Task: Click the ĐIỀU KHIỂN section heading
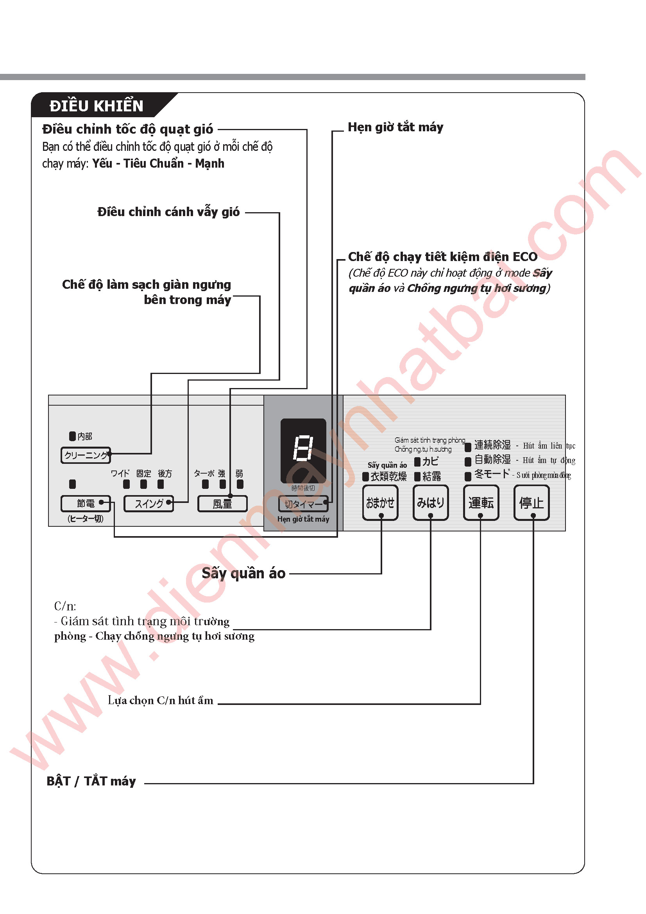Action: point(96,106)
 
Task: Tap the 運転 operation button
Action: point(481,503)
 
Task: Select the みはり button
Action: point(430,503)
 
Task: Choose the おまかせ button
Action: point(380,503)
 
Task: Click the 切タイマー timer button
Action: point(303,504)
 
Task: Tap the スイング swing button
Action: point(149,504)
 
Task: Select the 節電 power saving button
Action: point(86,504)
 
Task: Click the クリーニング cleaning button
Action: point(86,455)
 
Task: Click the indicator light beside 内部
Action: point(72,436)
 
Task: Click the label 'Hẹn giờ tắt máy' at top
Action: point(395,127)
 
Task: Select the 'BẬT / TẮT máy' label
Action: point(91,781)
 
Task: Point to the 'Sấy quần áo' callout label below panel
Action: point(243,573)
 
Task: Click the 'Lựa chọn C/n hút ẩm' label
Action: point(160,700)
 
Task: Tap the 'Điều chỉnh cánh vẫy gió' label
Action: point(168,212)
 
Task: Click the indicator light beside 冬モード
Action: point(468,476)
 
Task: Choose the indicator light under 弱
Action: point(240,484)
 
